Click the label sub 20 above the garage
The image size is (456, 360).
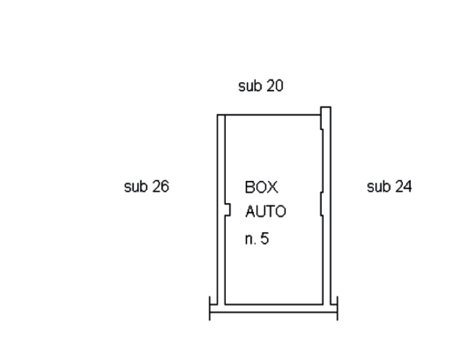coord(261,86)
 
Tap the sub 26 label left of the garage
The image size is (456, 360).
coord(147,187)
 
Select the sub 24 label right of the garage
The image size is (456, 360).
coord(389,187)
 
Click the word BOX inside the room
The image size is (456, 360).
coord(261,187)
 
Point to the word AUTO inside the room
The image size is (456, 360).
coord(266,212)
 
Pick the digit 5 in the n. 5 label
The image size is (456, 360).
coord(264,238)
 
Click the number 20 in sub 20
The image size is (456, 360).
coord(275,86)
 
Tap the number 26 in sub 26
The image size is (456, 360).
coord(160,187)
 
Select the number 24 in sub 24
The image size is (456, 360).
coord(403,187)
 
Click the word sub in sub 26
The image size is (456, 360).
coord(135,187)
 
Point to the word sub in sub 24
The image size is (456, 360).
coord(378,187)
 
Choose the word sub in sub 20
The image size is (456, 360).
coord(250,86)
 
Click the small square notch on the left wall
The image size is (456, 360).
coord(228,210)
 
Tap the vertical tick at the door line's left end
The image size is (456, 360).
coord(210,308)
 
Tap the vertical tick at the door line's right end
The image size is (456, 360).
coord(337,308)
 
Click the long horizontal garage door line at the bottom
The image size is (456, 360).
coord(273,312)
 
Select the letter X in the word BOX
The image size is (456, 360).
coord(273,187)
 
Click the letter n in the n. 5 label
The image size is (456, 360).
coord(249,239)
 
